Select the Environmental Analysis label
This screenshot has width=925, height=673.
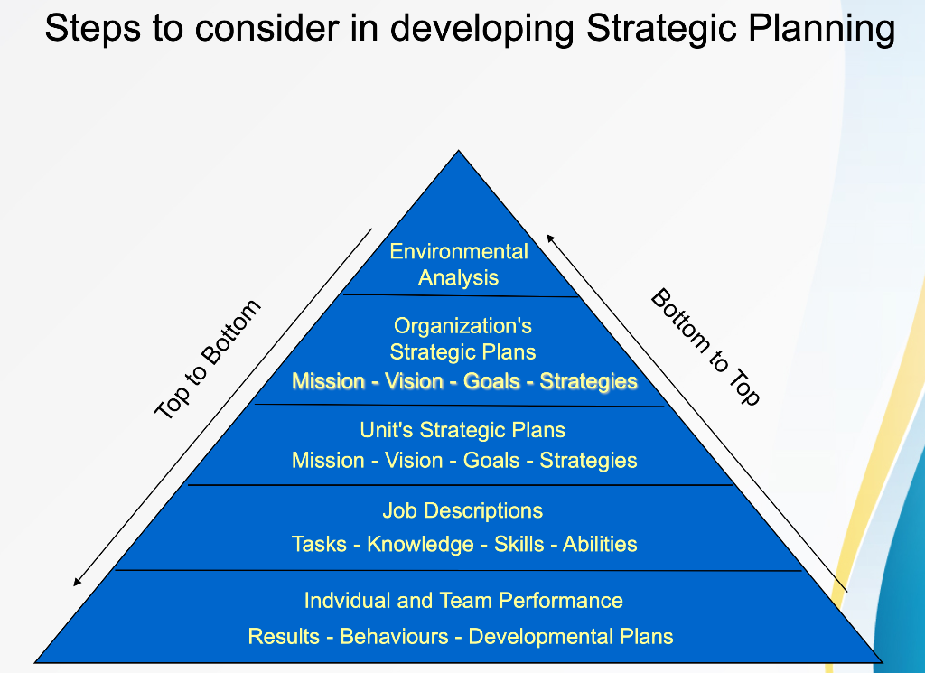(x=459, y=264)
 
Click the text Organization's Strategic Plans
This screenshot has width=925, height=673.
(x=462, y=339)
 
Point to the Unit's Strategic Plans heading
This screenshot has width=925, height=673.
(x=462, y=430)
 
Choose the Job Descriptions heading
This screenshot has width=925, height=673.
(x=462, y=510)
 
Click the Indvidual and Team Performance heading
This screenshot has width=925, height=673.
(x=463, y=601)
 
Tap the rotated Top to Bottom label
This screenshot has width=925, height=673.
(x=208, y=359)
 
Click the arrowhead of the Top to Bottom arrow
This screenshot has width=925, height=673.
(x=78, y=581)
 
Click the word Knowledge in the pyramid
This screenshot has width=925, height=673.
(x=420, y=544)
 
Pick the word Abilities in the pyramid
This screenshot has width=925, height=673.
(x=600, y=544)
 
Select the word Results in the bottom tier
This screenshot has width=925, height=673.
(x=284, y=636)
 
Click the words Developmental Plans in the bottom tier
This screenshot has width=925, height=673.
(x=571, y=636)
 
